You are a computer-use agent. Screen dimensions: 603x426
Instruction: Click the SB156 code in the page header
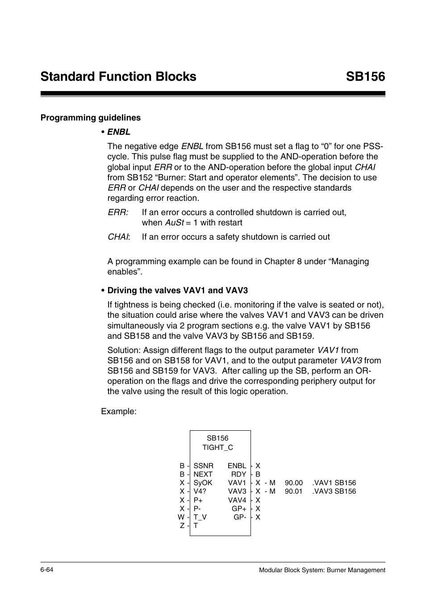click(x=365, y=77)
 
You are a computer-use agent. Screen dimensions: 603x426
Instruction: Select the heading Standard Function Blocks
click(x=118, y=77)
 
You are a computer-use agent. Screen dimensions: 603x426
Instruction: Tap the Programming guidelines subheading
click(x=91, y=118)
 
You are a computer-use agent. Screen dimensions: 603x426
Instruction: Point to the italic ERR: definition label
click(x=118, y=212)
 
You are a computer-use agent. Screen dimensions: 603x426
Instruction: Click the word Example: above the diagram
click(x=119, y=412)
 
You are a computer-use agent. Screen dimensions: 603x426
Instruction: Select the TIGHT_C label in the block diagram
click(x=217, y=448)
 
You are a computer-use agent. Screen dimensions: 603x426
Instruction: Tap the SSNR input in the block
click(x=203, y=466)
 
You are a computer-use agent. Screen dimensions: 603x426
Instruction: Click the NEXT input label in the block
click(x=203, y=474)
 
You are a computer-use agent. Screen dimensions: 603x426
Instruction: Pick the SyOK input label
click(x=203, y=483)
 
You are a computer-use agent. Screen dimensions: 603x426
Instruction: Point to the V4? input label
click(x=200, y=491)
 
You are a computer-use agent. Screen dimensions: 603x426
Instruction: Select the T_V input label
click(x=200, y=517)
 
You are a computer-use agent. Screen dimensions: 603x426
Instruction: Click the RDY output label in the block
click(x=239, y=474)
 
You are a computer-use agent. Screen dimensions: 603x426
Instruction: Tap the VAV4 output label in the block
click(x=237, y=500)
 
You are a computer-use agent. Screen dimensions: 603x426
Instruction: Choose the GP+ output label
click(x=239, y=509)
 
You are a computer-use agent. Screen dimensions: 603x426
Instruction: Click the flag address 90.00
click(x=294, y=483)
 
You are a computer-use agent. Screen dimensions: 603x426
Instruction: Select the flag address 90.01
click(x=294, y=491)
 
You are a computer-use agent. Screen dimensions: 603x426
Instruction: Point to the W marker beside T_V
click(x=181, y=517)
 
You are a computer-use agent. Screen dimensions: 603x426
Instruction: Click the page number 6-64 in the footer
click(x=47, y=570)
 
